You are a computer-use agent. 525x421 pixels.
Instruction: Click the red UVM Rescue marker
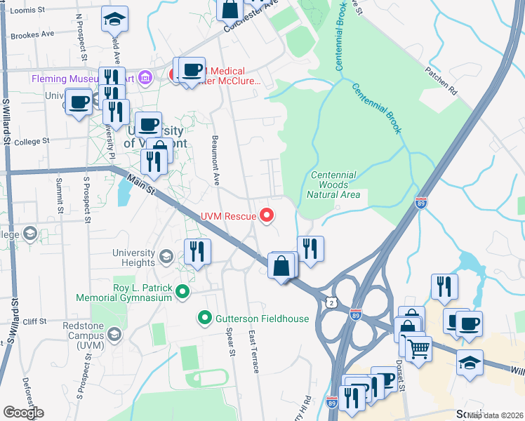[x=267, y=216]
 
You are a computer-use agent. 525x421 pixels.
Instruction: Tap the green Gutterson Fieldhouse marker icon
[x=205, y=319]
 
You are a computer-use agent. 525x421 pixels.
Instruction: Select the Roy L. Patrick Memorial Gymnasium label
[x=142, y=293]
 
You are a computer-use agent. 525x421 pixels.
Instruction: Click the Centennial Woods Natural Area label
[x=333, y=185]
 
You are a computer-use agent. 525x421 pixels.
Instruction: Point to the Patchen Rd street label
[x=441, y=81]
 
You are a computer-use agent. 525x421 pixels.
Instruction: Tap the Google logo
[x=23, y=413]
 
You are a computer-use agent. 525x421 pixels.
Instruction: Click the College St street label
[x=32, y=141]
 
